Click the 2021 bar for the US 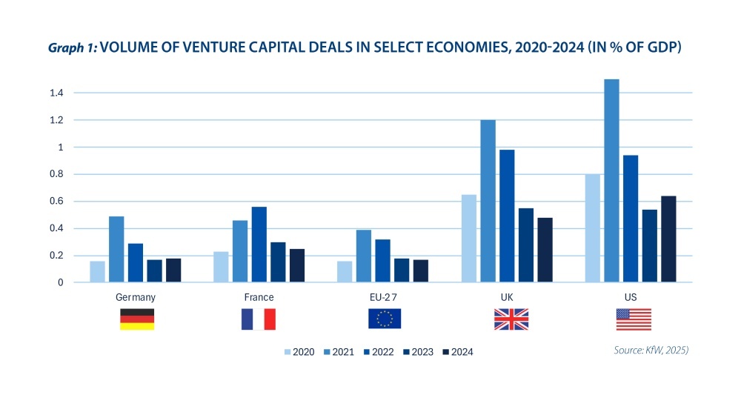tap(611, 181)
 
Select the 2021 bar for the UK tap(488, 201)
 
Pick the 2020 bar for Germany tap(97, 271)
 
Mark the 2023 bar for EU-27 tap(402, 270)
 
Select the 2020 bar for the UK tap(468, 238)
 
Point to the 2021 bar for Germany tap(116, 249)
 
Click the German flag tap(137, 319)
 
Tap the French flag tap(258, 319)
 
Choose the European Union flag tap(385, 319)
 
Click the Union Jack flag tap(511, 319)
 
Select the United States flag tap(634, 319)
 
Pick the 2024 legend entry tap(457, 352)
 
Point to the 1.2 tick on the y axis tap(57, 120)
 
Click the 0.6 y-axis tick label tap(57, 202)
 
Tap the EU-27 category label tap(384, 297)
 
